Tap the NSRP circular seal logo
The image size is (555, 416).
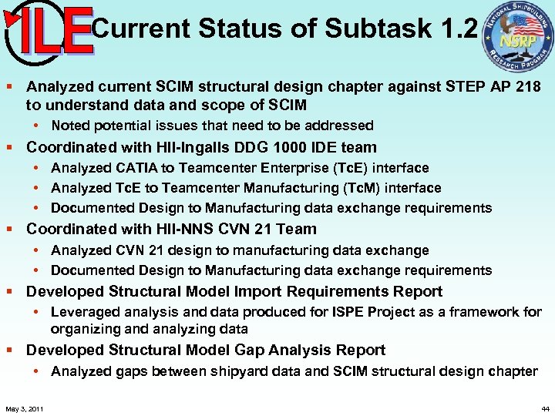pyautogui.click(x=517, y=39)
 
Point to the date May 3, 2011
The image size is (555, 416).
pyautogui.click(x=24, y=408)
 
